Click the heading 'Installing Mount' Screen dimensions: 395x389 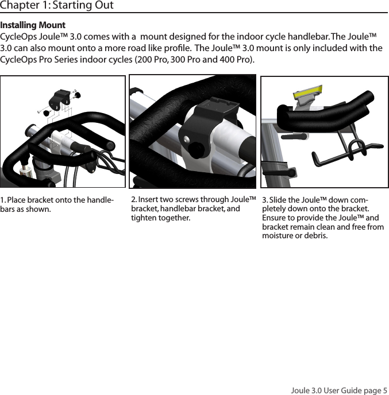tap(33, 26)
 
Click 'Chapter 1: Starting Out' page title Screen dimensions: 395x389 tap(57, 6)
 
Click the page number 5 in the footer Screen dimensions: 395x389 tap(385, 390)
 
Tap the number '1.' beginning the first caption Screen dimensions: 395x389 tap(3, 200)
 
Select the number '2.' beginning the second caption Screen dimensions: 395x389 tap(134, 199)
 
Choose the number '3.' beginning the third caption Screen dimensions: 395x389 tap(265, 200)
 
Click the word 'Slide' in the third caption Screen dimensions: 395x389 tap(279, 200)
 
